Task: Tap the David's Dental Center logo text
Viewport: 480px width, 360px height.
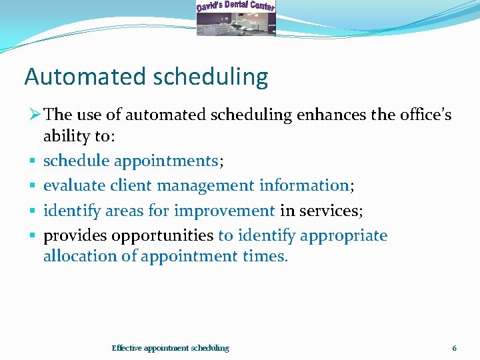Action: pyautogui.click(x=235, y=7)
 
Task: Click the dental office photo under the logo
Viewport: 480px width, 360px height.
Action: pyautogui.click(x=235, y=25)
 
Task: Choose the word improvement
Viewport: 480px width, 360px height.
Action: pyautogui.click(x=224, y=211)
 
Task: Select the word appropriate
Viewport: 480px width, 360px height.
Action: pyautogui.click(x=343, y=235)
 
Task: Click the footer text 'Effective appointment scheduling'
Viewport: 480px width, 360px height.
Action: pyautogui.click(x=170, y=348)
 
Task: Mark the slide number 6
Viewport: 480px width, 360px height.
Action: pyautogui.click(x=454, y=348)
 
